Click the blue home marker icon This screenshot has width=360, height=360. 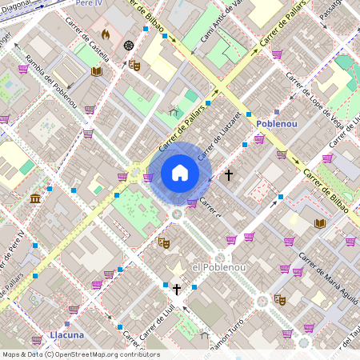(180, 173)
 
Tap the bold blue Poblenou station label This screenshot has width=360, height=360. (278, 124)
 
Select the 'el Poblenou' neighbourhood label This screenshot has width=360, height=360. (212, 266)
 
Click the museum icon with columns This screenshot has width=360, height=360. (35, 198)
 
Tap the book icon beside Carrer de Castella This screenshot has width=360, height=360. (97, 71)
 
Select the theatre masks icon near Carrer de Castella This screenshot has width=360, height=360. (134, 65)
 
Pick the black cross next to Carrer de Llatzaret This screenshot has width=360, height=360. (229, 174)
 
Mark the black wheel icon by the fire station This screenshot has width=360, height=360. (129, 45)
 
